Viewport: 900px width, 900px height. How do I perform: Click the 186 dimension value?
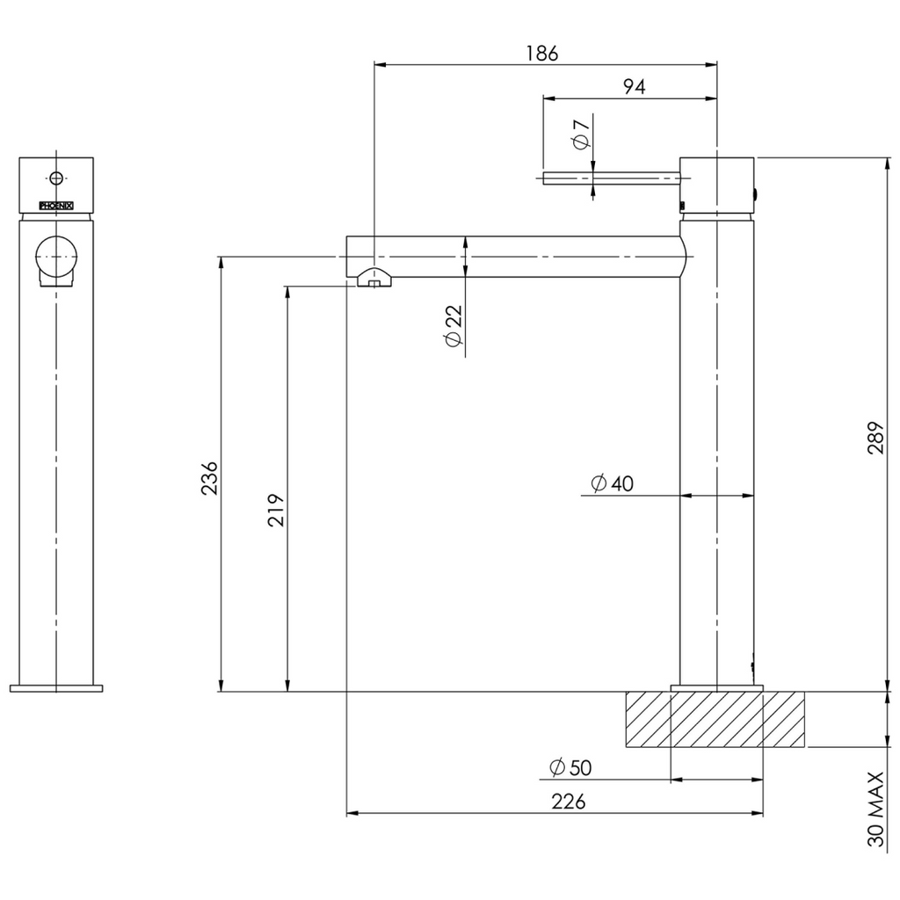542,53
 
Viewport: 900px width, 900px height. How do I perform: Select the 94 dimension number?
634,86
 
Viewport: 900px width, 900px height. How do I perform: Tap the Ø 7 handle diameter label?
580,133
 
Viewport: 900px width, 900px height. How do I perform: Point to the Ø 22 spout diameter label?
453,327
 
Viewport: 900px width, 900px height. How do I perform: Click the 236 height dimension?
210,478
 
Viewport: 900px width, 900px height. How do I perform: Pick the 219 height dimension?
275,509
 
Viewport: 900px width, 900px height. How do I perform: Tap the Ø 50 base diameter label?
570,767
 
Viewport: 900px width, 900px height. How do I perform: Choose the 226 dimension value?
568,802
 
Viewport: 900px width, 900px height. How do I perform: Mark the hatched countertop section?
715,719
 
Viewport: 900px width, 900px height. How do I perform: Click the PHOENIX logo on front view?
56,206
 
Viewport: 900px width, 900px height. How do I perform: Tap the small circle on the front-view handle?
57,178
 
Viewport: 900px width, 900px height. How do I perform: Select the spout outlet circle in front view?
55,256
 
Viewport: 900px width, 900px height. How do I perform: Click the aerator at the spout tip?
374,279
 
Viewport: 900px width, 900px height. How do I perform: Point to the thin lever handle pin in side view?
611,178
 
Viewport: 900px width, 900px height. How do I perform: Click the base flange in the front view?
56,687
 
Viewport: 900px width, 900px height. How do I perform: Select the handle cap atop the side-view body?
717,185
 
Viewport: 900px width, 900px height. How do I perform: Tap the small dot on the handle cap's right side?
758,192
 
